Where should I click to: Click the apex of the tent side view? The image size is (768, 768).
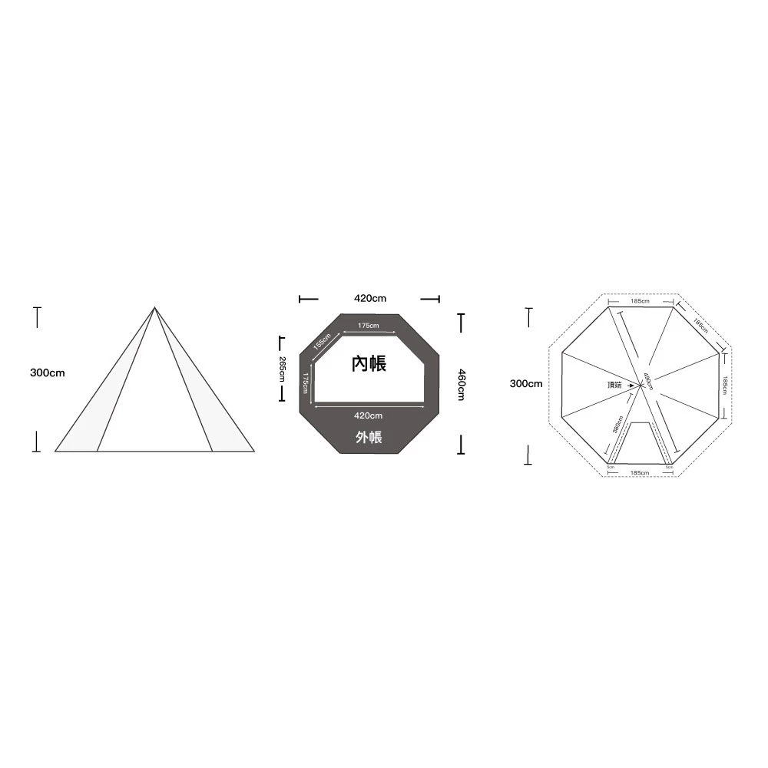[x=154, y=308]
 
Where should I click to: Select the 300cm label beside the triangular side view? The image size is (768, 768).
[x=48, y=372]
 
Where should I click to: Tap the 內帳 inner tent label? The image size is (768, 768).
[x=369, y=364]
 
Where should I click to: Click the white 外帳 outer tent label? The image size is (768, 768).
[x=369, y=438]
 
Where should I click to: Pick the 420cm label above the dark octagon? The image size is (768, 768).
[x=369, y=298]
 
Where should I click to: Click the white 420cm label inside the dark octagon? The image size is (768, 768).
[x=369, y=415]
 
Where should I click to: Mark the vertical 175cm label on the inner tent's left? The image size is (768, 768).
[x=306, y=384]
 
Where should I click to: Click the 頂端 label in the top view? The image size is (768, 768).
[x=614, y=384]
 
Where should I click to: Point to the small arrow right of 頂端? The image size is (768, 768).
[x=631, y=384]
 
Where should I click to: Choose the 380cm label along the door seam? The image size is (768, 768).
[x=618, y=424]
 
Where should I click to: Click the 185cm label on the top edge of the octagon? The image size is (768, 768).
[x=640, y=301]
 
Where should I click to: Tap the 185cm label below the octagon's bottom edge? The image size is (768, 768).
[x=639, y=472]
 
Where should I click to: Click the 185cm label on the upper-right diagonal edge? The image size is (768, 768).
[x=700, y=326]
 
